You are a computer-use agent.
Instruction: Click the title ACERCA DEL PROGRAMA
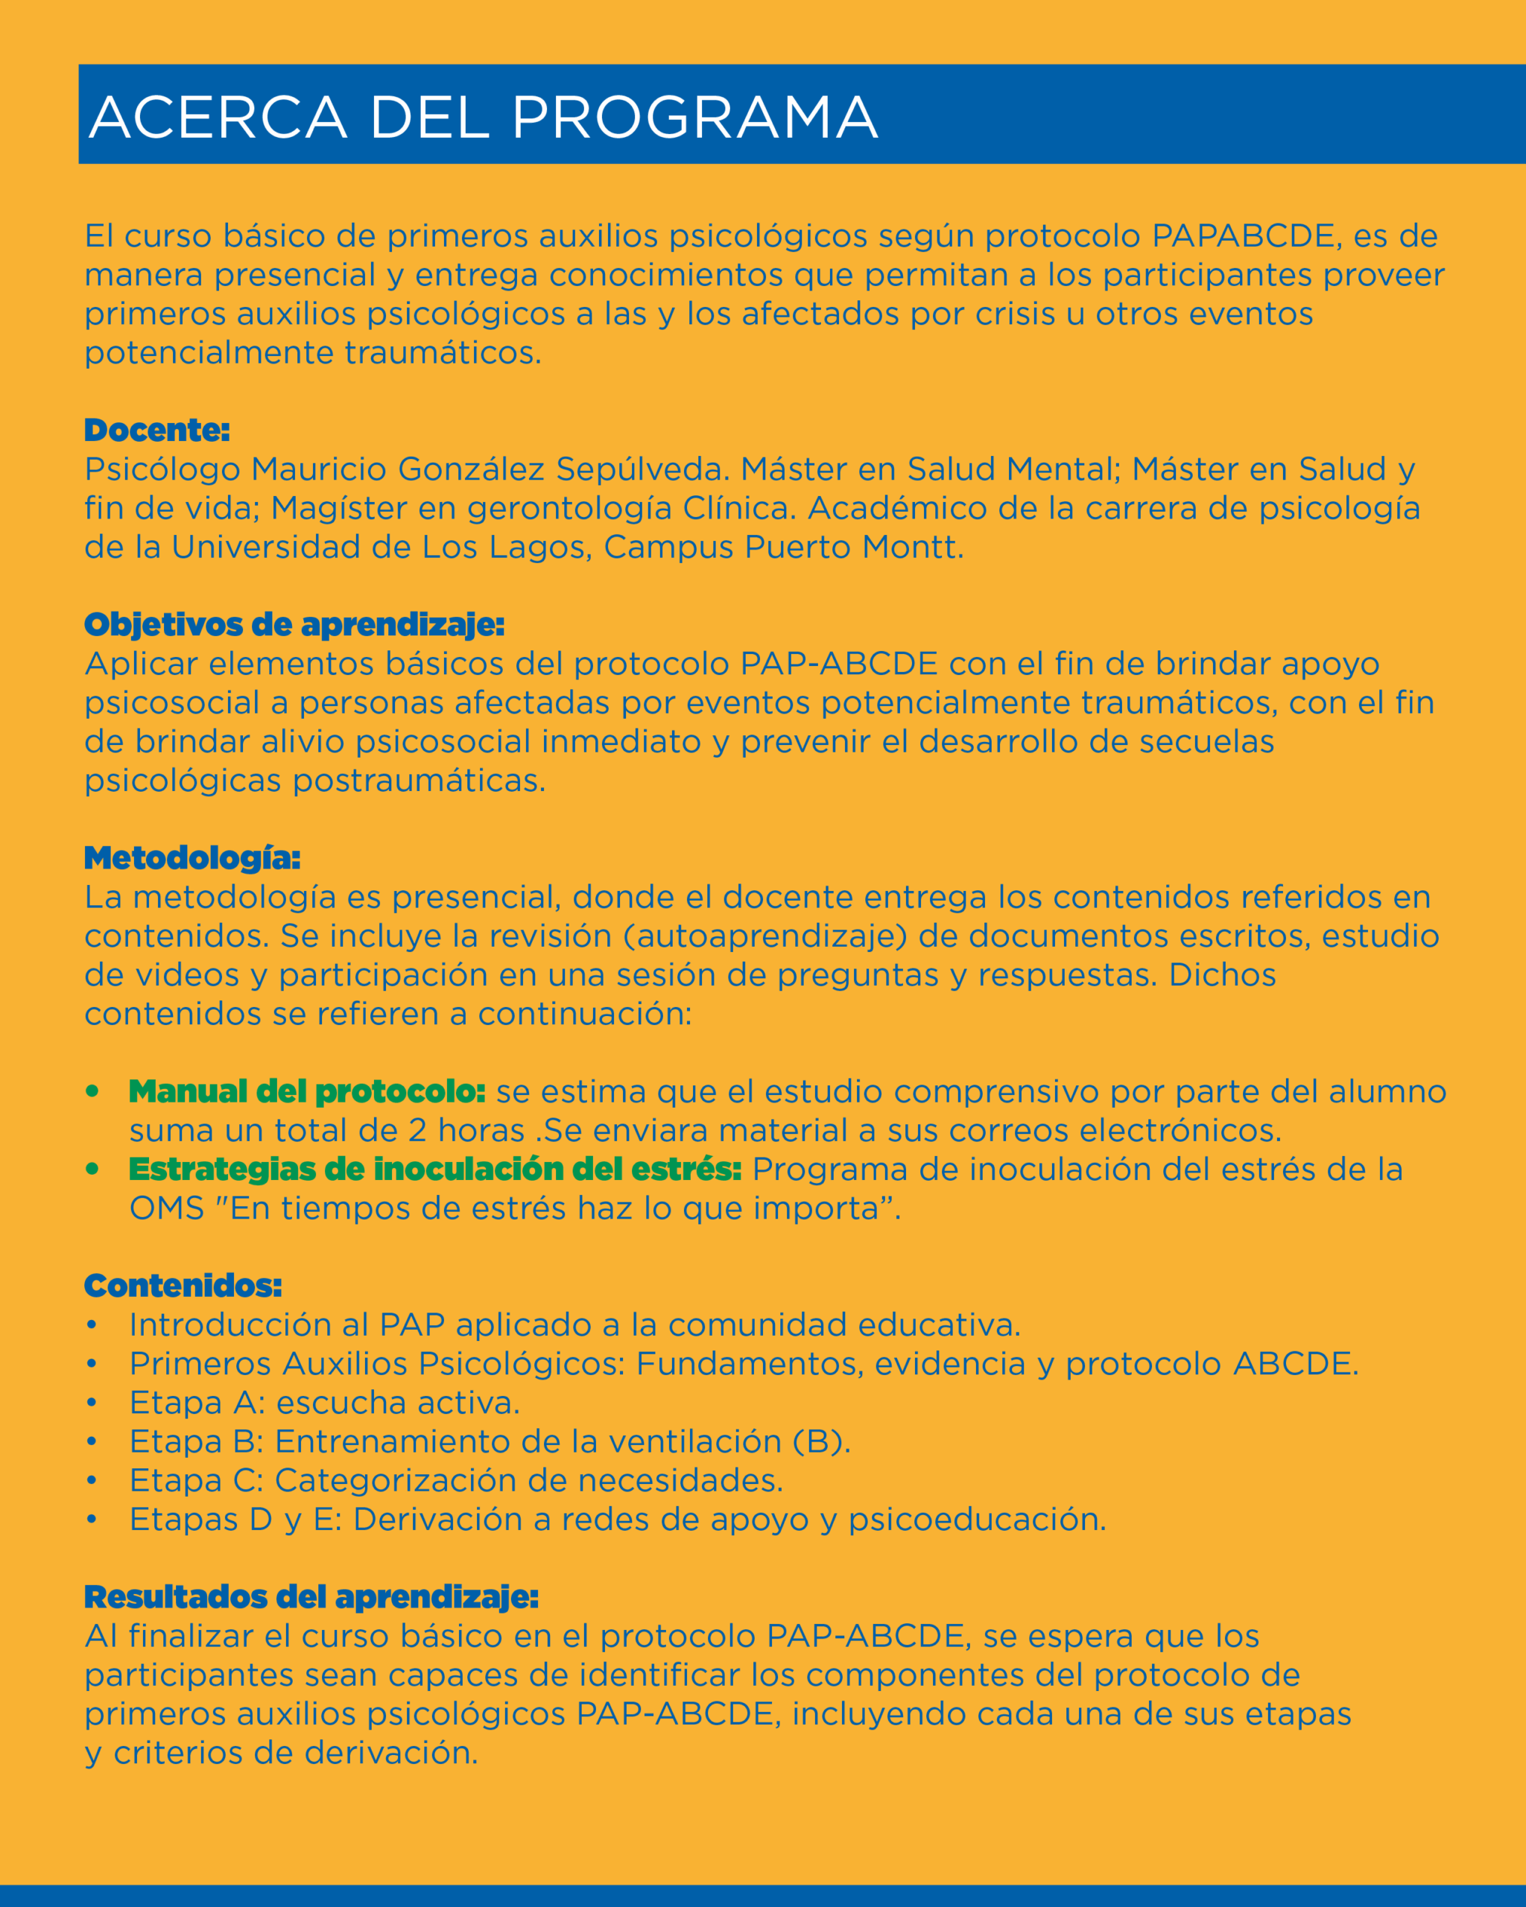[483, 117]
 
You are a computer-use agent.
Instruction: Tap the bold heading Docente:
[156, 431]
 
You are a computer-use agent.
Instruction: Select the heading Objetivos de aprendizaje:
[294, 624]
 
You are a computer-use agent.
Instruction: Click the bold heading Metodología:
[192, 858]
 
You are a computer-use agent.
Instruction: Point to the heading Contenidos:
[183, 1286]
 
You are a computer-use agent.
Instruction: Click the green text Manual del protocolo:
[307, 1091]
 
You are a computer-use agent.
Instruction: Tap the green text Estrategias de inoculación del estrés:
[434, 1170]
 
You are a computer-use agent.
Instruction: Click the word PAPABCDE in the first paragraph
[1244, 236]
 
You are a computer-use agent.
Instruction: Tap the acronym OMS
[166, 1208]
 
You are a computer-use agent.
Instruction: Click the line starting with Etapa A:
[324, 1403]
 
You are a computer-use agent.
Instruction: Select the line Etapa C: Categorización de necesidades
[455, 1481]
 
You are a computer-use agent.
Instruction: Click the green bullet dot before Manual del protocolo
[92, 1091]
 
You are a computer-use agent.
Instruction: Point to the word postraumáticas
[419, 781]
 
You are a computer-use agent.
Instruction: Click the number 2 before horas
[417, 1130]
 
